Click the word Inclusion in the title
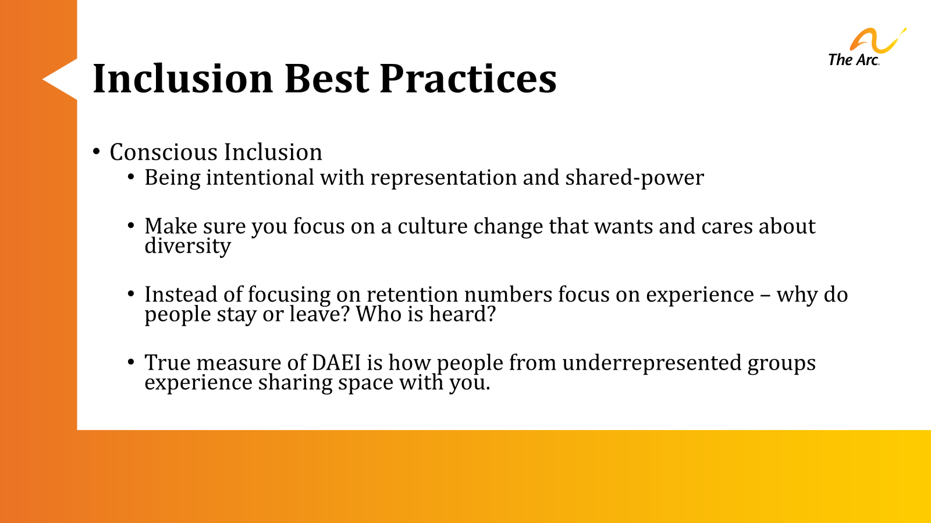(x=183, y=78)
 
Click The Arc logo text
(x=853, y=60)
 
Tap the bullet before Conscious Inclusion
(x=97, y=152)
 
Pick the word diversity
(x=187, y=246)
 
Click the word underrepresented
(x=652, y=363)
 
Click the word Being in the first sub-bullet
(x=172, y=178)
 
